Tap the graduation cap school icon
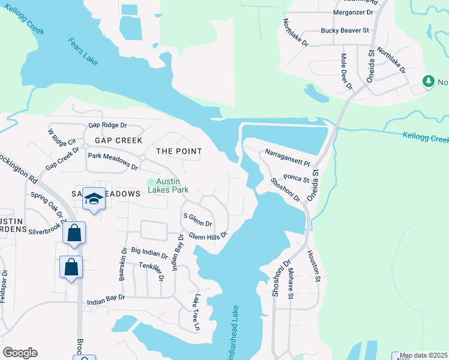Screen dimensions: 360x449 point(94,199)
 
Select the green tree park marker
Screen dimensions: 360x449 point(428,81)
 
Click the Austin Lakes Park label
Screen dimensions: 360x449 point(169,185)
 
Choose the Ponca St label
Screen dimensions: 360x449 point(296,178)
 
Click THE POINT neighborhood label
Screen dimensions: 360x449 point(179,151)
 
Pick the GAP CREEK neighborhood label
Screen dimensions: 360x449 point(118,140)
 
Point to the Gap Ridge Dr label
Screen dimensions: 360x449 point(108,125)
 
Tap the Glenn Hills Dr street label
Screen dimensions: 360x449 point(208,236)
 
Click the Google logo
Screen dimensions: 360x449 point(20,353)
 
